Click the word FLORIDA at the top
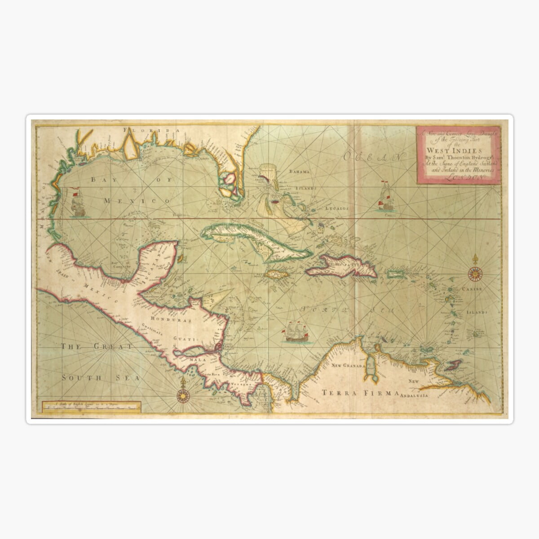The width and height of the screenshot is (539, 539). tap(153, 130)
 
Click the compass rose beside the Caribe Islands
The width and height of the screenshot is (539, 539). tap(474, 272)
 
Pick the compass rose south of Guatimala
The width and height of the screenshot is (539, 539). tap(183, 395)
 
